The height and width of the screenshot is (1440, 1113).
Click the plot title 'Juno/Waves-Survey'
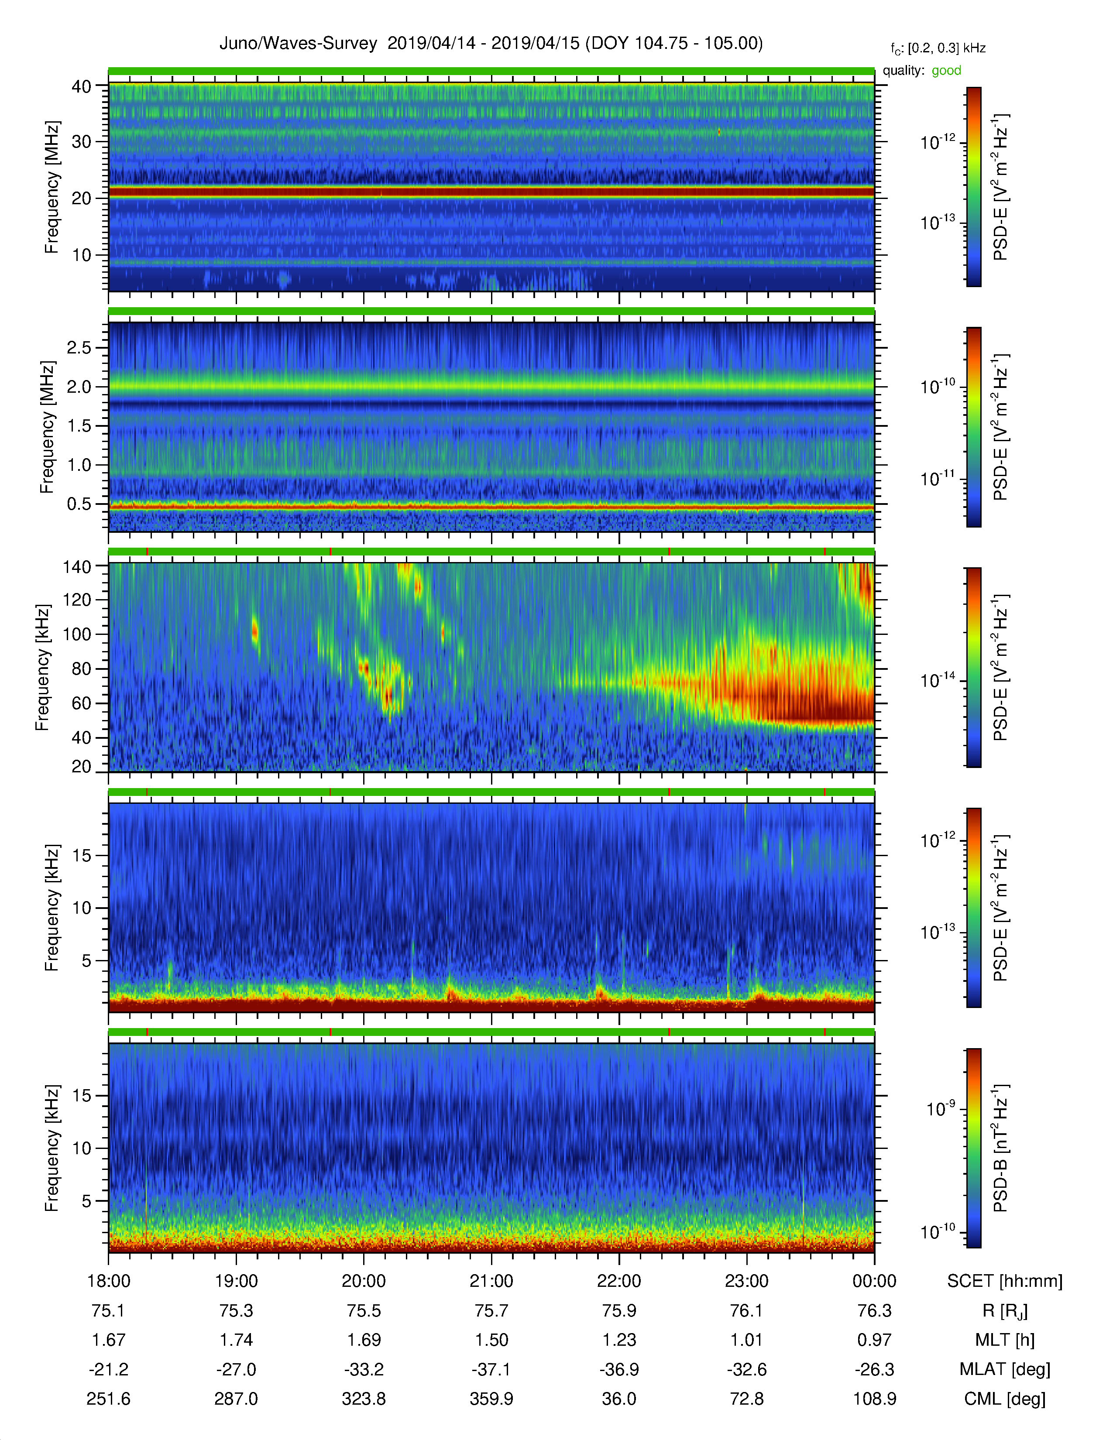298,44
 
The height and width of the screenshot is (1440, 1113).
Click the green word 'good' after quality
946,71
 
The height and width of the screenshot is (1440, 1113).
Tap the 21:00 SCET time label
491,1281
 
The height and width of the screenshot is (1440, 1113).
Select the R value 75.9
619,1311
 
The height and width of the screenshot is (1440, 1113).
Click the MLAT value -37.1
491,1369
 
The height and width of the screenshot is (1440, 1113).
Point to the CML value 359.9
491,1399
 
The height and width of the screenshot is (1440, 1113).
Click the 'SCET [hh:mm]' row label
1005,1281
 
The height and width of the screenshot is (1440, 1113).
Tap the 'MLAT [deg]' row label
1005,1369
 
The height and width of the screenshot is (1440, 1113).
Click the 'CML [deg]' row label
1005,1399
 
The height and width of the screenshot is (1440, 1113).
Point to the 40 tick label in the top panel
81,86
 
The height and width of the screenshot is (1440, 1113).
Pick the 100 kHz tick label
76,634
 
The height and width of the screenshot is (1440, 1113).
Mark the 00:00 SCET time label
874,1281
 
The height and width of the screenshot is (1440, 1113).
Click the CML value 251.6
109,1399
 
